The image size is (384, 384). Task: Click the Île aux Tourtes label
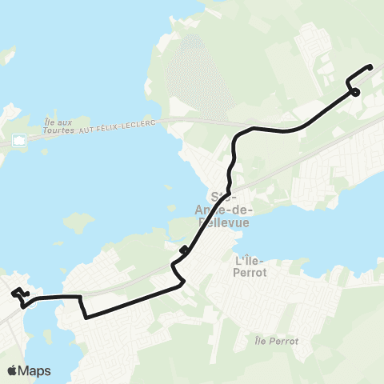click(58, 125)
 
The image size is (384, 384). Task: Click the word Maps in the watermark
click(36, 370)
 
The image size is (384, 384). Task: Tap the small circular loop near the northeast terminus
click(354, 92)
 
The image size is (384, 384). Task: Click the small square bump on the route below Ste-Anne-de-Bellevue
click(184, 250)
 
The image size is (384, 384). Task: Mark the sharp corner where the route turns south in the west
click(81, 298)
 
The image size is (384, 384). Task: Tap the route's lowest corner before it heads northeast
click(86, 316)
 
